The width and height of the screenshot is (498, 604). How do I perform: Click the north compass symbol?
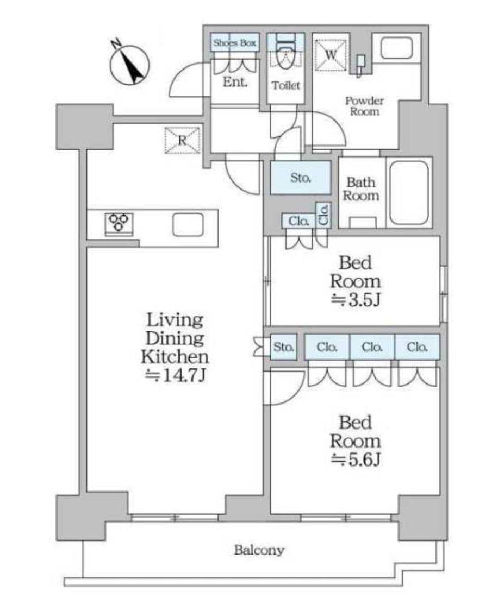point(129,64)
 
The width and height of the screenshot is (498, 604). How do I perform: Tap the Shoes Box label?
point(235,43)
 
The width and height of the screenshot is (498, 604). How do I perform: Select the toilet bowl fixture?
point(285,55)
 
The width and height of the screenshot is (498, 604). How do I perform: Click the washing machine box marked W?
point(331,55)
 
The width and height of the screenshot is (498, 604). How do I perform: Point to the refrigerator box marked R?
point(182,140)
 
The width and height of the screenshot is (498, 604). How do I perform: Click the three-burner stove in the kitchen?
point(119,223)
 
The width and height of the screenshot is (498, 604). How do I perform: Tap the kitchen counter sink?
point(188,224)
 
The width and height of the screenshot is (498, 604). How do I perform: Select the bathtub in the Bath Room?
point(409,193)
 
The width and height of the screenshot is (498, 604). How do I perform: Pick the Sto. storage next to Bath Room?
point(301,178)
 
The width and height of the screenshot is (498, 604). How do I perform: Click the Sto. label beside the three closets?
point(284,347)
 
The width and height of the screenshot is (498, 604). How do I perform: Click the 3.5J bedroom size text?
point(356,300)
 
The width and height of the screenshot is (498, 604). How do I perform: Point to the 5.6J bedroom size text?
point(356,459)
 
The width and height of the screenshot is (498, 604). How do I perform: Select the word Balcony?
point(259,550)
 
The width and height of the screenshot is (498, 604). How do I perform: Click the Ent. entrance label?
point(235,81)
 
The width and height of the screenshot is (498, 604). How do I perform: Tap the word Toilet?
point(285,85)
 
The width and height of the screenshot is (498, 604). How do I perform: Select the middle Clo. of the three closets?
point(372,347)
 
